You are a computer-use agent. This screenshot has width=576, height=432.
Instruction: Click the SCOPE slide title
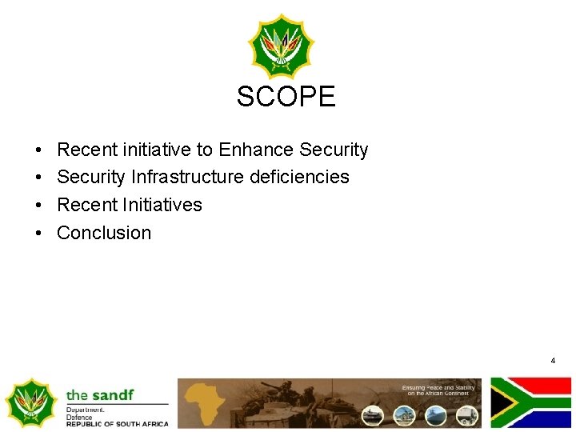coord(286,97)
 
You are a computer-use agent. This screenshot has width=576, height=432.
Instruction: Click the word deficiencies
coord(299,177)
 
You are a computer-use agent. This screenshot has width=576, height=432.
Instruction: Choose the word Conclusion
coord(104,233)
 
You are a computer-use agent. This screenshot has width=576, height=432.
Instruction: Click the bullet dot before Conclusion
coord(38,234)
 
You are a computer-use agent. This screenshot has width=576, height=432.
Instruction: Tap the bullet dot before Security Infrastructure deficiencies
coord(38,178)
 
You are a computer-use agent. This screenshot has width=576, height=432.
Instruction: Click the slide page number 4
coord(553,361)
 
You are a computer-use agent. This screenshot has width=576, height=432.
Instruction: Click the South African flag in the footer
coord(530,402)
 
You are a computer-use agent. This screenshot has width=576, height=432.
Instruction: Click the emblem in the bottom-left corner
coord(31,402)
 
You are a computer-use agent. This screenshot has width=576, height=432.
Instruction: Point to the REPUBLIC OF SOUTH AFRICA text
coord(117,424)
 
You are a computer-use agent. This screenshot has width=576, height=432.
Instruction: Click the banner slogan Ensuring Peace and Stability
coord(440,390)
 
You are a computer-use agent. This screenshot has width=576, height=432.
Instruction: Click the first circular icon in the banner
coord(373,415)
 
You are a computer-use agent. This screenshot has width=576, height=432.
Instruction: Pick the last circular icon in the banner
coord(466,415)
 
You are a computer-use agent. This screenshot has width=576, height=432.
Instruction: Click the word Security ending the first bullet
coord(334,150)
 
